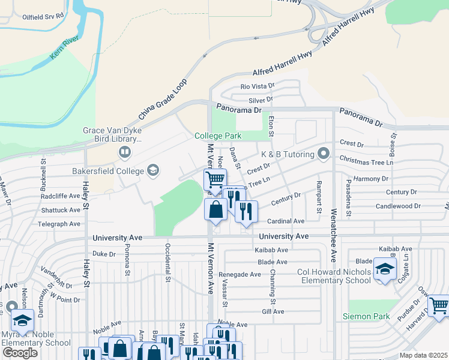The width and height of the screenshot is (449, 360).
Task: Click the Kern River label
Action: pyautogui.click(x=64, y=55)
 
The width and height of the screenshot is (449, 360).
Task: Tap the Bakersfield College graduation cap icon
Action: pyautogui.click(x=153, y=171)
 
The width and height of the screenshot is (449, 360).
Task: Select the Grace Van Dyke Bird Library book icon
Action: pyautogui.click(x=124, y=152)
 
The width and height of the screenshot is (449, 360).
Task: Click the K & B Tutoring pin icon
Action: pyautogui.click(x=324, y=154)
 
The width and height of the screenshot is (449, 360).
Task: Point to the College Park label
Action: pyautogui.click(x=217, y=136)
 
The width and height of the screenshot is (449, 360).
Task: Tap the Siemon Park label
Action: pyautogui.click(x=366, y=316)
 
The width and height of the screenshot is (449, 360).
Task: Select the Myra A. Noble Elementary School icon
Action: pyautogui.click(x=23, y=321)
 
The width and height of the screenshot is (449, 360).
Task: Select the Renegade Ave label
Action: pyautogui.click(x=241, y=274)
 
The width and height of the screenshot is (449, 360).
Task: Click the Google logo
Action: pyautogui.click(x=20, y=353)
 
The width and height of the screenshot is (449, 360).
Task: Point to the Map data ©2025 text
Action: pyautogui.click(x=423, y=356)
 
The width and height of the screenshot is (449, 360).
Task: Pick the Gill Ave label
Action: pyautogui.click(x=273, y=312)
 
